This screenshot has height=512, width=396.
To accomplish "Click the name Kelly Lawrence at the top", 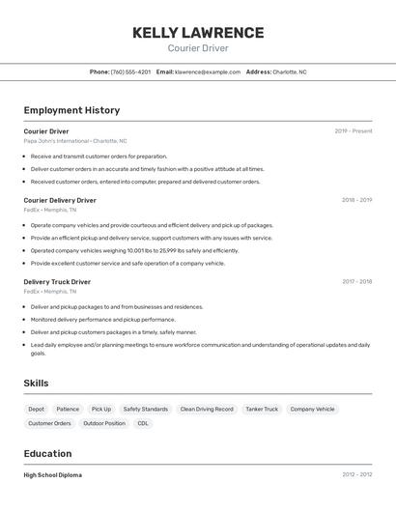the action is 198,32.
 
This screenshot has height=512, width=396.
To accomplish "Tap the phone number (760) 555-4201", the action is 130,71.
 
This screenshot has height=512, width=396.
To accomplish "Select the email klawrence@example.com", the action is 207,71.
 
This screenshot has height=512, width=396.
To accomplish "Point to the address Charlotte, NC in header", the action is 289,71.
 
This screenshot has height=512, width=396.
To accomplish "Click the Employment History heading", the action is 71,110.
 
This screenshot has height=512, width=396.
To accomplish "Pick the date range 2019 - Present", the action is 353,131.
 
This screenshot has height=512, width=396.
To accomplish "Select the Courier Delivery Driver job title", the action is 60,200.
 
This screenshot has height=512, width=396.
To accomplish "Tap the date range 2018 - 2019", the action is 356,200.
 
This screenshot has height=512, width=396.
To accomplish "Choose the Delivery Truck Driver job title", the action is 57,282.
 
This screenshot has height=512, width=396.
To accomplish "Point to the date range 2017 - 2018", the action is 356,282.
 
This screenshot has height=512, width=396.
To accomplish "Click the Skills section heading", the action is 36,384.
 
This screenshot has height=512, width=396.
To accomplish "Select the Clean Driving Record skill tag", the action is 207,409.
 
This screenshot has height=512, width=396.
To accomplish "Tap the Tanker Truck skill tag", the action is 262,409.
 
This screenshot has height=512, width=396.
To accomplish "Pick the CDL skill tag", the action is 143,423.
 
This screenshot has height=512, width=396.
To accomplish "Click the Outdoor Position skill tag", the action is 104,423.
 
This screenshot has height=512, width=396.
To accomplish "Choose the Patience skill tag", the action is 68,409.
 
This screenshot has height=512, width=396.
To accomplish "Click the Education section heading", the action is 47,454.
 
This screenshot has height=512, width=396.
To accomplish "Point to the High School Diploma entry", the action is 52,475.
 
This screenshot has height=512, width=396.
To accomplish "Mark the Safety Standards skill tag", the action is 146,409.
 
